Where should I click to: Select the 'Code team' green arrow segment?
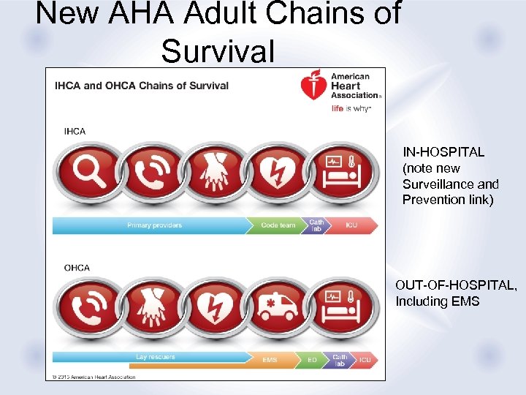[x=278, y=225]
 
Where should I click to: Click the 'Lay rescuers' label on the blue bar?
[x=156, y=357]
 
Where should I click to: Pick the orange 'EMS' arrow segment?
[x=270, y=360]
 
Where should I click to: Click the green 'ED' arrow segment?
[x=311, y=360]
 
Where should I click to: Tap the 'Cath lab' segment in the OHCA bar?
[x=340, y=360]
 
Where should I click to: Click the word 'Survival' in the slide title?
[x=218, y=51]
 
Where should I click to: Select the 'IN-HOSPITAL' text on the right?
[x=443, y=152]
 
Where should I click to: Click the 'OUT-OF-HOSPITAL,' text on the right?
[x=456, y=285]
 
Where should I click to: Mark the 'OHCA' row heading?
[x=77, y=268]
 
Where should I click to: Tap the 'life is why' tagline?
[x=351, y=108]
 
